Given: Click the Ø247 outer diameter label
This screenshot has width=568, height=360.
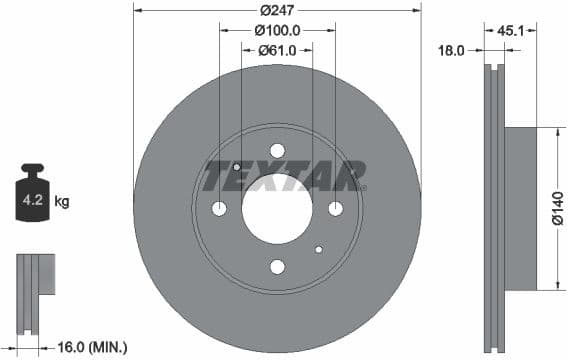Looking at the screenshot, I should (276, 10).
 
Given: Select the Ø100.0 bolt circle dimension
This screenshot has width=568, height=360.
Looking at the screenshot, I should (277, 30).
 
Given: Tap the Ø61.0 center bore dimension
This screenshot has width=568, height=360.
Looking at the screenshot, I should (277, 49).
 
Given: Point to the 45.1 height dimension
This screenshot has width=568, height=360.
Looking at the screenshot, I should (510, 30).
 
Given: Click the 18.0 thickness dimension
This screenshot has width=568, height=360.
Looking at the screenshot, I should (452, 49).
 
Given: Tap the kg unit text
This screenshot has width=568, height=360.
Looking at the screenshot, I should (62, 202).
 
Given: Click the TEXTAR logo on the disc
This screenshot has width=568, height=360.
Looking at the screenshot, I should (284, 176).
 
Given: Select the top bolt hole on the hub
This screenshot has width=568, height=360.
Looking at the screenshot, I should (277, 150).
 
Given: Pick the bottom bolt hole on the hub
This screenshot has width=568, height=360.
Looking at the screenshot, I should (277, 266).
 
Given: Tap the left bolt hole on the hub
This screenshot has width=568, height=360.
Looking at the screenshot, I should (219, 208).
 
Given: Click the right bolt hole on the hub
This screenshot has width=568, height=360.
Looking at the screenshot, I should (335, 208).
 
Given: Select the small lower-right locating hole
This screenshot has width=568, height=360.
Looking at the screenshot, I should (318, 249).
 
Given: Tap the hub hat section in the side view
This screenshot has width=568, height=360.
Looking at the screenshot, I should (521, 209).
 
